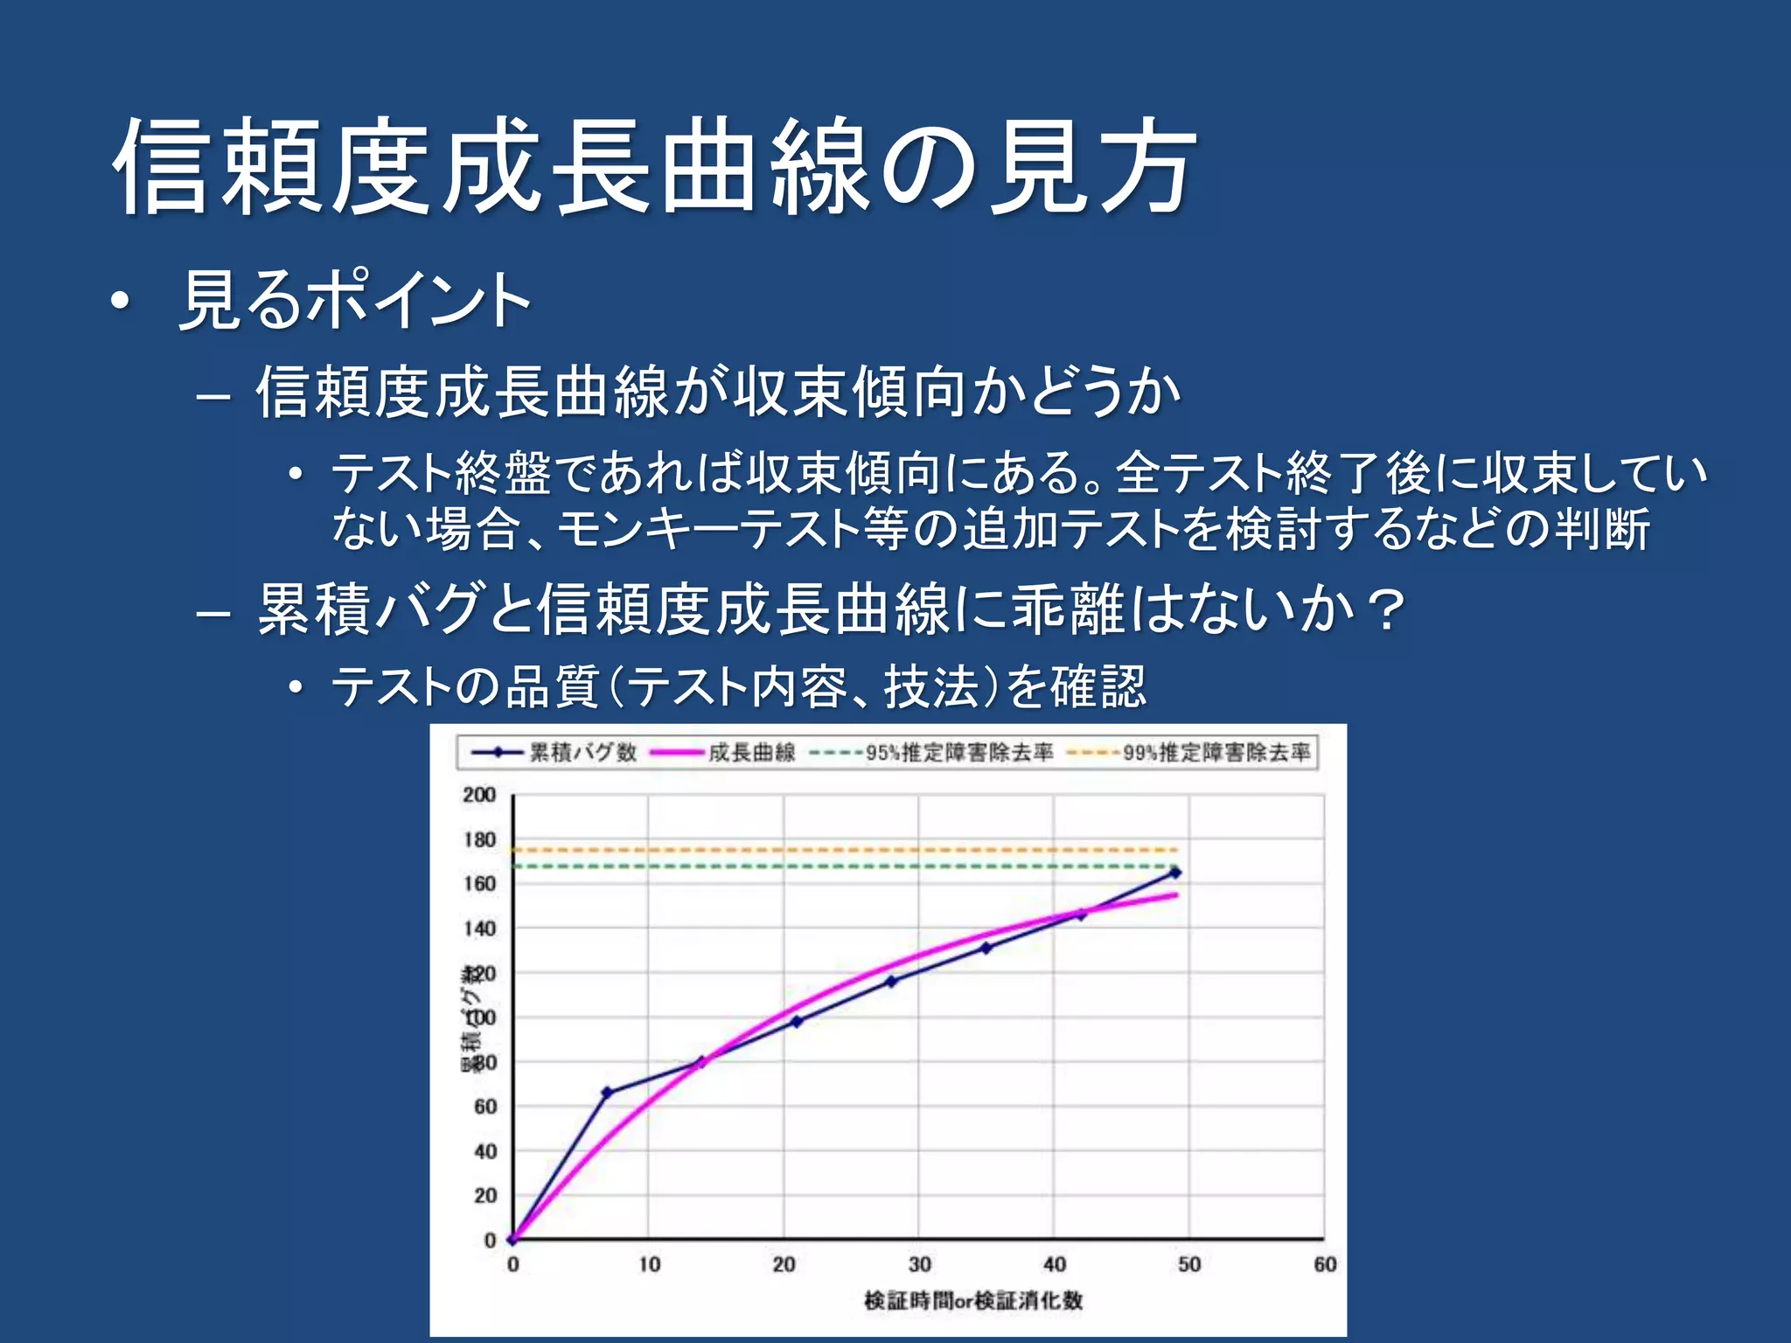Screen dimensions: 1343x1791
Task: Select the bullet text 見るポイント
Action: [x=354, y=300]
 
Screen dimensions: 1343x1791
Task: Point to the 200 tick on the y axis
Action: [x=479, y=795]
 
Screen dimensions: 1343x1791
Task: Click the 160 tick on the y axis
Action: [x=479, y=884]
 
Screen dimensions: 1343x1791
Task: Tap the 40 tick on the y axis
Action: [x=484, y=1152]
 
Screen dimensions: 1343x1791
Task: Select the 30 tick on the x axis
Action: [x=919, y=1264]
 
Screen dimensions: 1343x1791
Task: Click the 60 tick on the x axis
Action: [x=1324, y=1264]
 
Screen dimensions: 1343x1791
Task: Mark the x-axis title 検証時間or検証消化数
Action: [x=973, y=1300]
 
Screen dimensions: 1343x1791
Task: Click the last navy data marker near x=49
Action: [x=1175, y=872]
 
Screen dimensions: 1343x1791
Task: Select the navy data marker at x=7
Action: [x=607, y=1092]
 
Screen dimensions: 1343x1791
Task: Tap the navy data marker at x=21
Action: [x=797, y=1020]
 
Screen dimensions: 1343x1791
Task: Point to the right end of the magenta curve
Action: [x=1175, y=894]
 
